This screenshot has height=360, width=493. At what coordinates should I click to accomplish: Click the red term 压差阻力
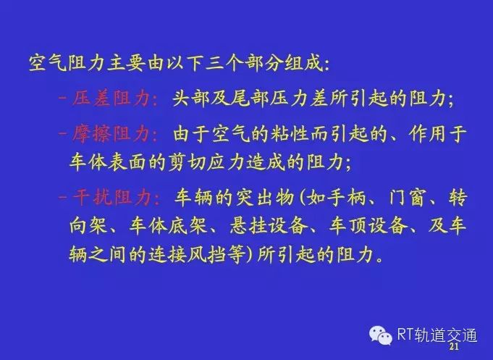coord(111,99)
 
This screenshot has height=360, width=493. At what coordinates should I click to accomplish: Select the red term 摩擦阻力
coord(111,134)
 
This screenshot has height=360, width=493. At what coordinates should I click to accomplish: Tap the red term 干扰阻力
coord(111,197)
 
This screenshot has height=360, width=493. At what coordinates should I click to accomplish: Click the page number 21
coord(454,347)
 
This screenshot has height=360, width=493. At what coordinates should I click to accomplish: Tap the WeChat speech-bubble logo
coord(381,335)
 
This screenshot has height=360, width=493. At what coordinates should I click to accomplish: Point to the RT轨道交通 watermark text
coord(437,335)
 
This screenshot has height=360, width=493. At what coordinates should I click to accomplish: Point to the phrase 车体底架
coord(168,225)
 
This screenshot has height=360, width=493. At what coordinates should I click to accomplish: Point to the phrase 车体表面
coord(108,162)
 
